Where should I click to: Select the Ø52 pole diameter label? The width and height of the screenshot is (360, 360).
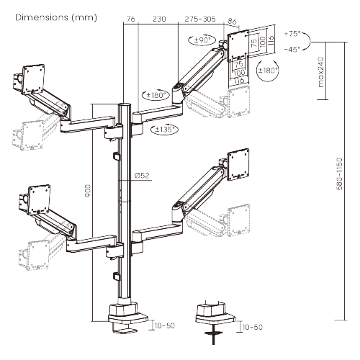pyautogui.click(x=141, y=175)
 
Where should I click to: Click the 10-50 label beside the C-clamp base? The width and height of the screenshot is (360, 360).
pyautogui.click(x=164, y=326)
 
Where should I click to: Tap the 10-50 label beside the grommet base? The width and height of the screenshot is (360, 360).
pyautogui.click(x=252, y=327)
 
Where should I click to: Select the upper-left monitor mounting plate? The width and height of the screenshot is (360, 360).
pyautogui.click(x=32, y=77)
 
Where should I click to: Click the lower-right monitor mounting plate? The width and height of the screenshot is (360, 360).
pyautogui.click(x=236, y=163)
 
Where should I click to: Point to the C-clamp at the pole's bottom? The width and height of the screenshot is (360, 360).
pyautogui.click(x=127, y=317)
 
